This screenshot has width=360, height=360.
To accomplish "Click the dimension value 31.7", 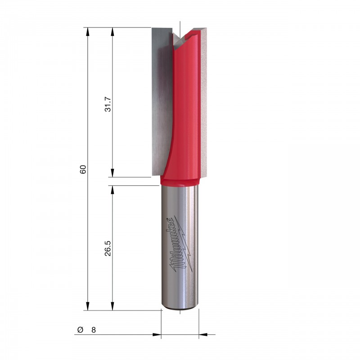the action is click(x=108, y=104).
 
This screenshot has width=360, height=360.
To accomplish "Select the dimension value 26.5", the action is click(x=108, y=248).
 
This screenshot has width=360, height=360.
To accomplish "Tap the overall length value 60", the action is click(x=83, y=170).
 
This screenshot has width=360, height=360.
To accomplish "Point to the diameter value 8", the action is click(x=94, y=330).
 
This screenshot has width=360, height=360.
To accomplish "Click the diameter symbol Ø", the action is click(x=80, y=330).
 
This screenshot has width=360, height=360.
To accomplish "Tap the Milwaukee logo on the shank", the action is click(x=180, y=244).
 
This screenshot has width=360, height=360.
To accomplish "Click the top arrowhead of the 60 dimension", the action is click(x=87, y=31).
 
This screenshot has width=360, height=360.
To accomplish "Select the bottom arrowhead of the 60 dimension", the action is click(x=87, y=306).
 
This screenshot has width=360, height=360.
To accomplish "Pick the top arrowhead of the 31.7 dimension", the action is click(x=112, y=31).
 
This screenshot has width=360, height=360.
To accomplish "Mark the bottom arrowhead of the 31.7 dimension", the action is click(x=112, y=173).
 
